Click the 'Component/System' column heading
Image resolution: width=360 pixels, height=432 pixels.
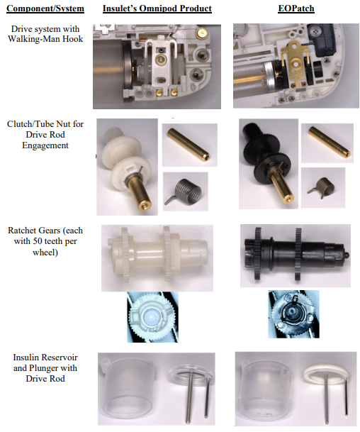click(45, 9)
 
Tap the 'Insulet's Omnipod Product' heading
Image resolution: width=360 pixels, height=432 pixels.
click(157, 9)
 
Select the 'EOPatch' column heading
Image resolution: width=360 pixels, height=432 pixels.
click(296, 9)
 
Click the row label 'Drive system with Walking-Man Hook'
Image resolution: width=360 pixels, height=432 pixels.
click(45, 34)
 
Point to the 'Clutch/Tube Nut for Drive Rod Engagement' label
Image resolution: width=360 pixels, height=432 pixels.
click(45, 135)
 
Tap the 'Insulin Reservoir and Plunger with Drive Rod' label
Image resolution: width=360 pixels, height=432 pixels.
click(45, 368)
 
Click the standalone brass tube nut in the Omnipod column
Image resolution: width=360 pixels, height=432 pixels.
click(189, 145)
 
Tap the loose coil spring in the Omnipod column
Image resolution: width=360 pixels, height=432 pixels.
click(185, 191)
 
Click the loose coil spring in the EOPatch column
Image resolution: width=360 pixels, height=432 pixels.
click(322, 188)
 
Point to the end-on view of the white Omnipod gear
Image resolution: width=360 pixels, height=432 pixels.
click(152, 317)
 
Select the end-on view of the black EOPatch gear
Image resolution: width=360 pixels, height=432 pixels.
click(293, 315)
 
